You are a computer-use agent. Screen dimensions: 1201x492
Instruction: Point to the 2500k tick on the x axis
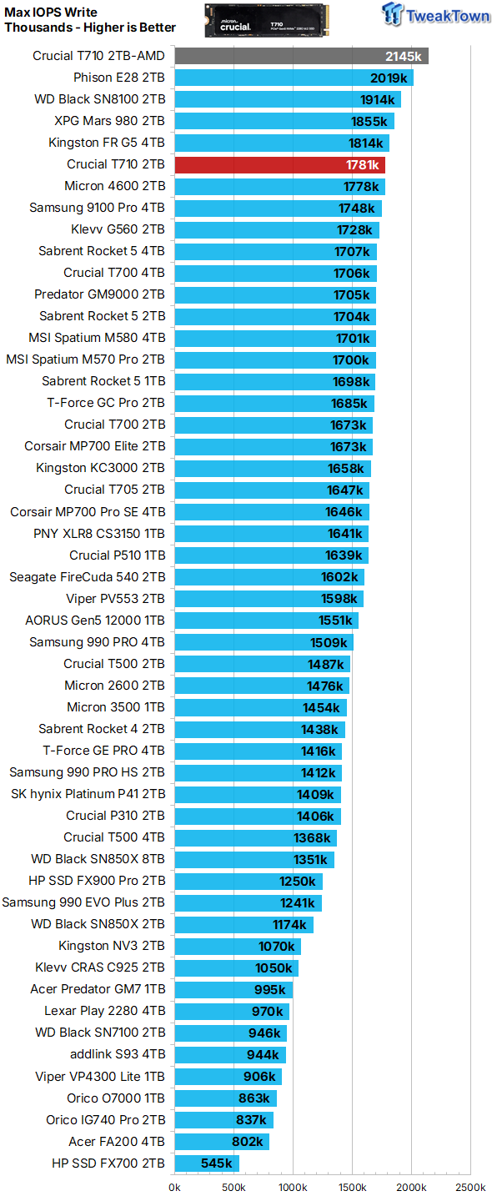pos(469,1187)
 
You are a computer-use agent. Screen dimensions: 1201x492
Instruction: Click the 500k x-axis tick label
pos(233,1187)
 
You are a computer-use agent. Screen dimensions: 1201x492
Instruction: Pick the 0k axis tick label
pos(174,1187)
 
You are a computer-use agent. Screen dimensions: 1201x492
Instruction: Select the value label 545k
pos(217,1163)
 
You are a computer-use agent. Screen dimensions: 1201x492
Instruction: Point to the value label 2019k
pos(389,78)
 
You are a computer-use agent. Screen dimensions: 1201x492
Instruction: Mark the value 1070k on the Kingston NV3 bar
pos(276,946)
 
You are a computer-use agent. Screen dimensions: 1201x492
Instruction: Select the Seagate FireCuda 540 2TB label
pos(88,576)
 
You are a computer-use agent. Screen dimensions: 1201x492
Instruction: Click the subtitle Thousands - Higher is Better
pos(90,28)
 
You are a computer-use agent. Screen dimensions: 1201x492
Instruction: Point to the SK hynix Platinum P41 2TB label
pos(88,793)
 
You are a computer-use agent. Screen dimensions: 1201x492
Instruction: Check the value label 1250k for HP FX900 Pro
pos(297,881)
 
